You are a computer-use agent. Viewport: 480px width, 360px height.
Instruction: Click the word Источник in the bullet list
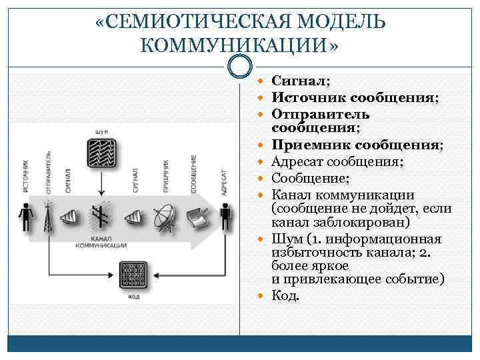pos(301,98)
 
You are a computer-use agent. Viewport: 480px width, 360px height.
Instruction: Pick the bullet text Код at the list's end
pos(285,295)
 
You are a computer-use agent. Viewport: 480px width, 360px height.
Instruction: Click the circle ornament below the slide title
pos(239,66)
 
